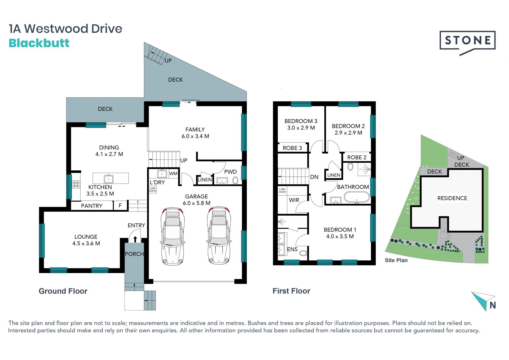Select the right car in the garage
[x=219, y=236]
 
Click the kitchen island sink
[x=109, y=179]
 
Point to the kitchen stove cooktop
[x=76, y=184]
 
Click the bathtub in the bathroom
[x=357, y=197]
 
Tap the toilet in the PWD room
[x=235, y=181]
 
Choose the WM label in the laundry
[x=173, y=174]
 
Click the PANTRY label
[x=92, y=206]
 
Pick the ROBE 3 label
[x=292, y=148]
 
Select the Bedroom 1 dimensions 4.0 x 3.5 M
[x=340, y=236]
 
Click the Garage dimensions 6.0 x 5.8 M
[x=196, y=203]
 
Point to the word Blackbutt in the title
[x=39, y=43]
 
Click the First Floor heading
[x=291, y=291]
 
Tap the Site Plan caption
[x=396, y=260]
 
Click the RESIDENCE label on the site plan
[x=452, y=198]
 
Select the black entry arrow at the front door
[x=135, y=239]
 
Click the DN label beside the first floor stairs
[x=314, y=177]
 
